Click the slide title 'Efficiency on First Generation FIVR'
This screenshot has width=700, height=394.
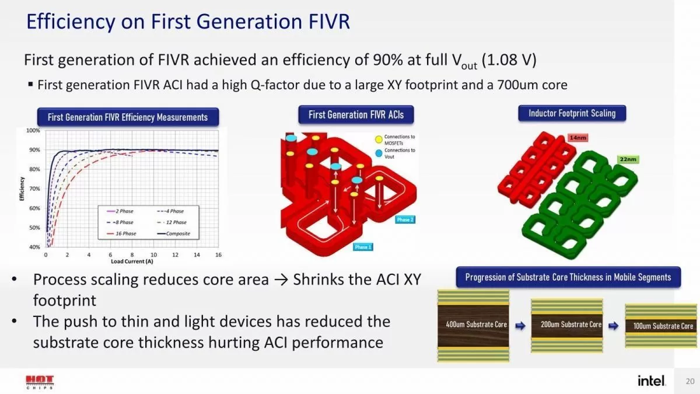188,22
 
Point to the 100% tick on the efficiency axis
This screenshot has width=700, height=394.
33,131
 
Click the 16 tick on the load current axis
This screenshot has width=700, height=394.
219,255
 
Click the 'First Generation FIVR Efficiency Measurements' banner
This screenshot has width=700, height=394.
128,117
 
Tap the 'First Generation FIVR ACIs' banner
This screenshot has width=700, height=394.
356,115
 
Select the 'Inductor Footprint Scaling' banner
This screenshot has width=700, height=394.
572,113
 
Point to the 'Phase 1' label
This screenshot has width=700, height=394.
362,247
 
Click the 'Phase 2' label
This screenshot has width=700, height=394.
404,219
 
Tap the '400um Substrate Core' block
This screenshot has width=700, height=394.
473,325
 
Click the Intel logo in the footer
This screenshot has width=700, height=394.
650,381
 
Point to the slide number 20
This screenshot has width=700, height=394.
689,382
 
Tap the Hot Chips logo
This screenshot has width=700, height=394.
39,382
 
